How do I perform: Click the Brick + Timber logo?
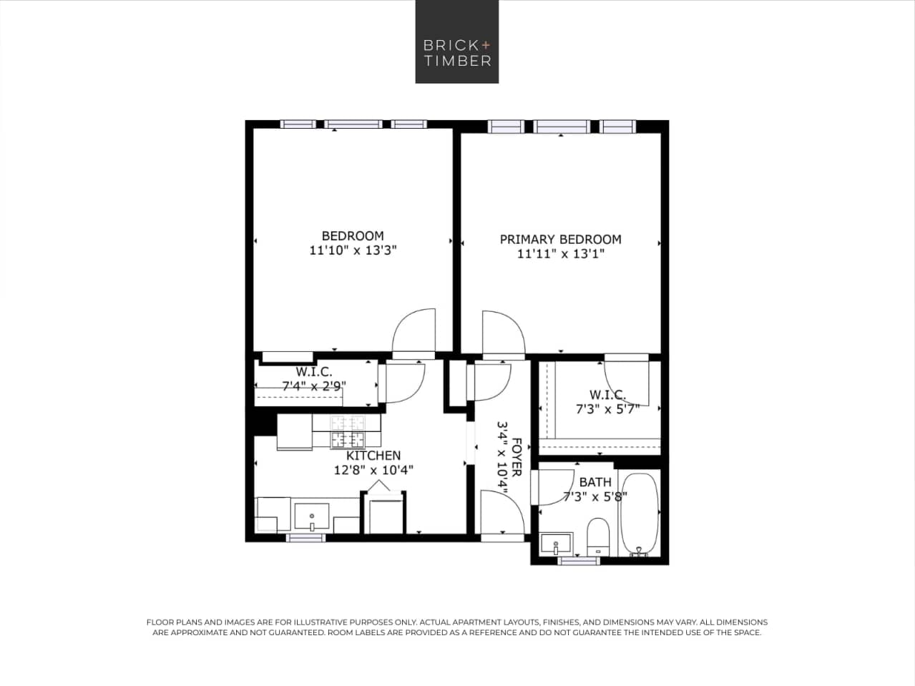coord(456,41)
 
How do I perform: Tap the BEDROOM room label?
coord(352,235)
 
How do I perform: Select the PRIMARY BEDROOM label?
coord(560,239)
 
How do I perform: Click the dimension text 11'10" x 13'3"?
coord(352,250)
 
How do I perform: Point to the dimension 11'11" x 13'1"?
coord(560,254)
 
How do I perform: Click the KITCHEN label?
coord(373,456)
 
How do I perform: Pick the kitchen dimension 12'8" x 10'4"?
coord(373,470)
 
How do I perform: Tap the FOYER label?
coord(517,458)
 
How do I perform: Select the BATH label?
coord(595,482)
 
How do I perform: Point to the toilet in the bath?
coord(597,536)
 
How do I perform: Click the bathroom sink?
coord(557,544)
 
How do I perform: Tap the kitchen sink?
coord(312,516)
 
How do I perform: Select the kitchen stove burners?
coord(347,431)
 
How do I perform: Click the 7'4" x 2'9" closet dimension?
coord(313,386)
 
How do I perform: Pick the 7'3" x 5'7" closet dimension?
coord(607,409)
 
